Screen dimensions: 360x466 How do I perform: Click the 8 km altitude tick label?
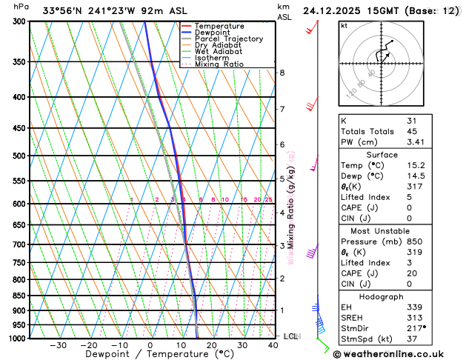282,73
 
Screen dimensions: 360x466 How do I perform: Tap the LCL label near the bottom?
290,336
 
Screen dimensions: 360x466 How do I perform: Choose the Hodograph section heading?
381,296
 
